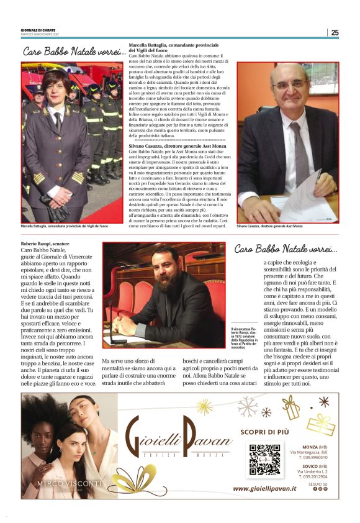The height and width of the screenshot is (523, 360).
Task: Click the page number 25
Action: [335, 32]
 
